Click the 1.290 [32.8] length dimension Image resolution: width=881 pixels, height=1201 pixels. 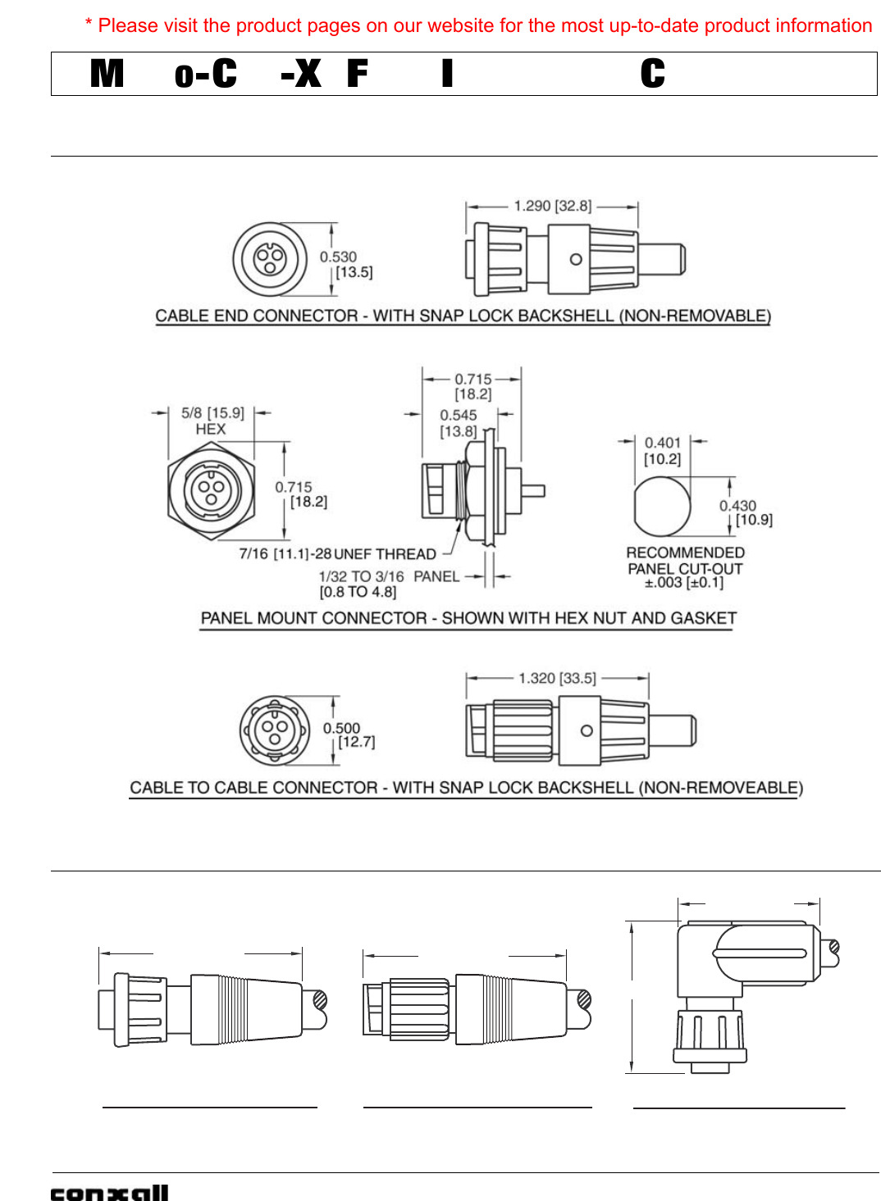[x=552, y=206]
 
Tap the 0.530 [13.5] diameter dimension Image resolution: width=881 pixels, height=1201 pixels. [x=346, y=265]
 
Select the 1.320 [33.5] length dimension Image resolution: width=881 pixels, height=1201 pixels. [x=557, y=678]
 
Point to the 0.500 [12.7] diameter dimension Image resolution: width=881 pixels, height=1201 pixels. [x=349, y=735]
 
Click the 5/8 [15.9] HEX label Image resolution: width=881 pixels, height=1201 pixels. [x=212, y=421]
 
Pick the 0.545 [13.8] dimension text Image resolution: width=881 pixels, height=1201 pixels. [x=458, y=423]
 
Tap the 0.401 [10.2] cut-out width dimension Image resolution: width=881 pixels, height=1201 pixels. [x=662, y=451]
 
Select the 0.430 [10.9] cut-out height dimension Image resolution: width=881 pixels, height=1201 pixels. [x=745, y=512]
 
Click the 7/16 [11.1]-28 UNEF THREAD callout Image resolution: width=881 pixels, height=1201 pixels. [x=337, y=554]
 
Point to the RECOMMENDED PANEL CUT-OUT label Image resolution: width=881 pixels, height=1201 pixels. [x=685, y=561]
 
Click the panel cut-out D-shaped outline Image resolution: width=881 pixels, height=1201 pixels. [x=661, y=506]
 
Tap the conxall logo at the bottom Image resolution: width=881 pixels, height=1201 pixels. [x=109, y=1193]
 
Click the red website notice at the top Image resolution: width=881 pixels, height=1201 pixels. [x=478, y=25]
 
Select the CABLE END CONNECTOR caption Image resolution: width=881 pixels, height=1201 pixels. [x=463, y=316]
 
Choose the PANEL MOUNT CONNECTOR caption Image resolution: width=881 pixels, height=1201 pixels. [x=468, y=618]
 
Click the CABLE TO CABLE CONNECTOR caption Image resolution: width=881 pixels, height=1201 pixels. [x=466, y=788]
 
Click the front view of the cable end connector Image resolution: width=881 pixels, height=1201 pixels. [x=270, y=259]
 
